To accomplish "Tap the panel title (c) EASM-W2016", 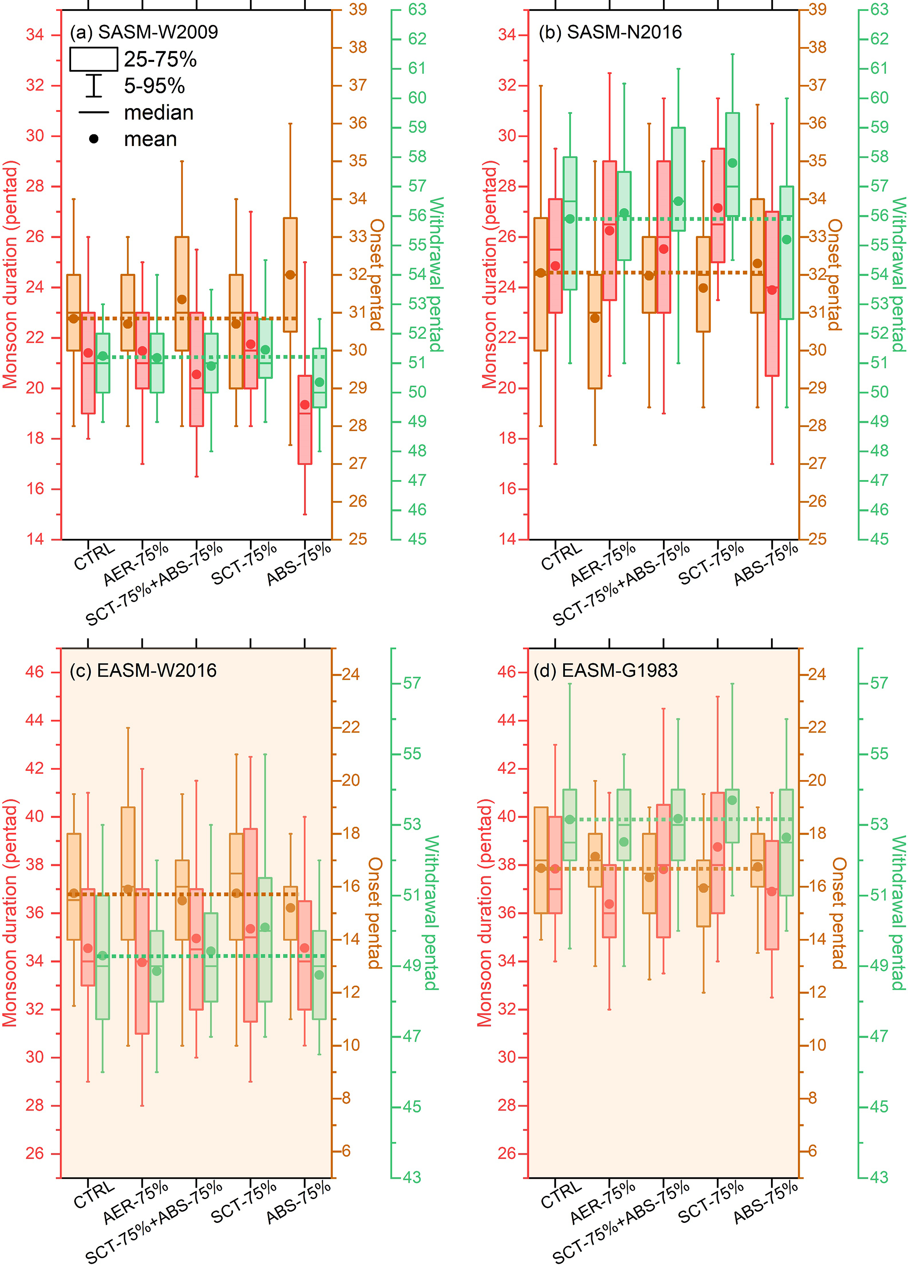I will (143, 670).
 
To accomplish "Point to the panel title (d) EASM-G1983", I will (605, 670).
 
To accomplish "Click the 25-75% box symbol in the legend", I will (93, 59).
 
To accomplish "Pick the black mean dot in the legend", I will (94, 139).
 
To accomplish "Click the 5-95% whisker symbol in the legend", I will (94, 86).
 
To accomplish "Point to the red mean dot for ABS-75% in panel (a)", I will (305, 404).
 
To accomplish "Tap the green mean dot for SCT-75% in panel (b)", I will (732, 163).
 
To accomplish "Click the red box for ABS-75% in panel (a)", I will (305, 419).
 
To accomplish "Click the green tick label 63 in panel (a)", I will (417, 10).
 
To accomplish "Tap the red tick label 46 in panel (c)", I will (35, 672).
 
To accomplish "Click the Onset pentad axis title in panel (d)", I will (839, 913).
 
